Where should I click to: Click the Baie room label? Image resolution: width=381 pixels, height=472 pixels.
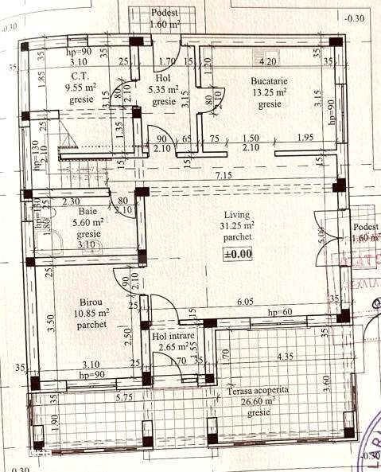coord(87,212)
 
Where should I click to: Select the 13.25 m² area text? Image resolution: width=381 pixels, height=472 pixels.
coord(270,92)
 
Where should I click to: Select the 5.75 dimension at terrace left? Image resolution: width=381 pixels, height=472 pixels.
coord(124,397)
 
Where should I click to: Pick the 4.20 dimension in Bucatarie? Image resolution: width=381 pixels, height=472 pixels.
coord(268,60)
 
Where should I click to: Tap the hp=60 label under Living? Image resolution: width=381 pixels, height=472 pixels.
coord(282,312)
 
